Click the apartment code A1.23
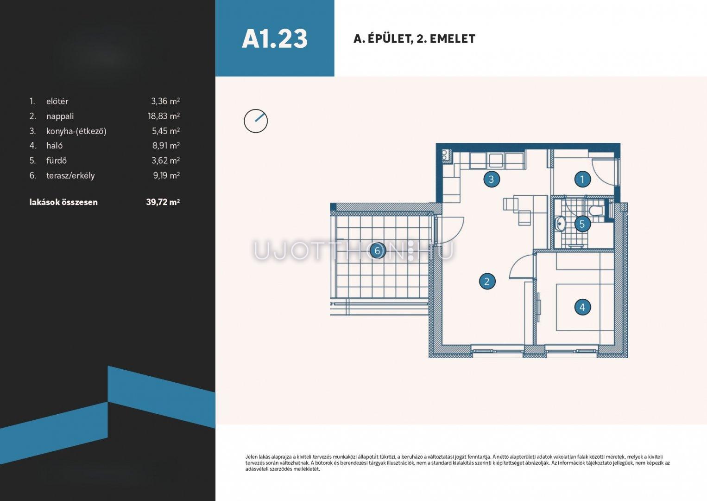click(275, 39)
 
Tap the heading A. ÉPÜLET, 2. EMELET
click(414, 39)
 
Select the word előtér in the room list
click(57, 101)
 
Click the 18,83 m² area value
click(164, 116)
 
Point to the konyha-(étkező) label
click(76, 131)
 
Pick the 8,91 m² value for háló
click(166, 145)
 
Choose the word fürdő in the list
click(56, 160)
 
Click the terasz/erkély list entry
click(70, 175)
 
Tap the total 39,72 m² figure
click(163, 202)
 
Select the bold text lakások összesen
click(63, 202)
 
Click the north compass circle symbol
click(256, 121)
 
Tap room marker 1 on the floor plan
click(582, 179)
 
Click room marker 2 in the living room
click(487, 281)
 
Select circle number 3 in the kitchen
click(492, 179)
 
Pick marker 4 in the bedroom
click(582, 307)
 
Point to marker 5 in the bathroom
click(582, 224)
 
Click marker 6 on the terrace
click(377, 250)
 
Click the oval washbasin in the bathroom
click(560, 224)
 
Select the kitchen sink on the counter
click(496, 160)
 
